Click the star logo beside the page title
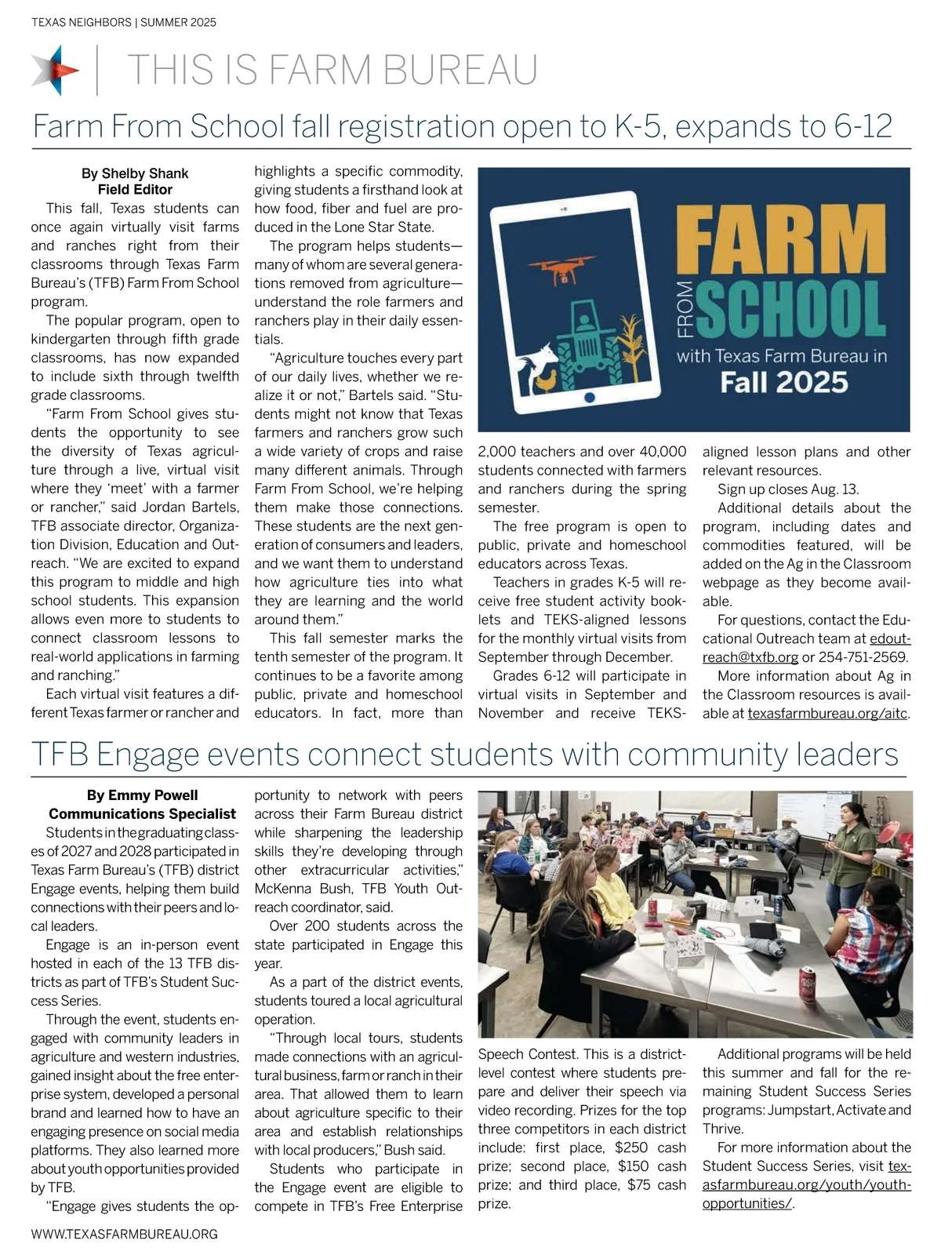(x=55, y=70)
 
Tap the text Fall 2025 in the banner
(x=784, y=383)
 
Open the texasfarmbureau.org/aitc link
(x=827, y=714)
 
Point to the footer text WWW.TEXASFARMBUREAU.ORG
(x=124, y=1234)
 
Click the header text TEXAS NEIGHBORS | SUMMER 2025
(x=124, y=23)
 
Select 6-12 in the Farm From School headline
(x=863, y=126)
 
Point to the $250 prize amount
(x=631, y=1148)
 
